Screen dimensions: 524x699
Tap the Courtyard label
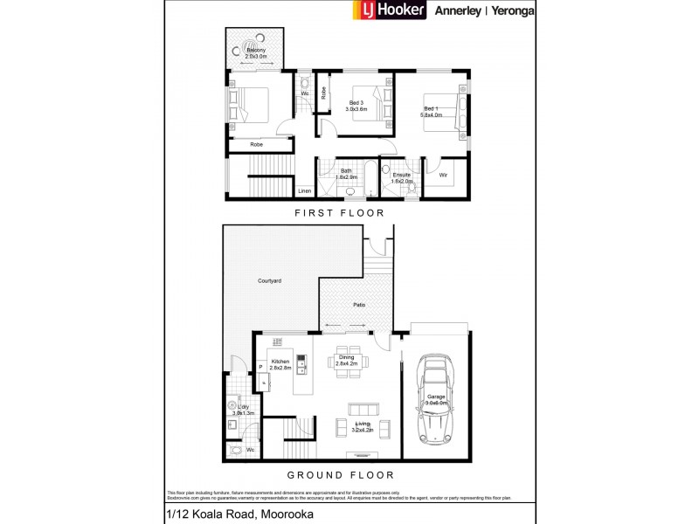269,281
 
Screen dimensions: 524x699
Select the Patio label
358,304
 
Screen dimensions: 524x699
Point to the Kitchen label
280,361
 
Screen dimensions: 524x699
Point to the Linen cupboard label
305,190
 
